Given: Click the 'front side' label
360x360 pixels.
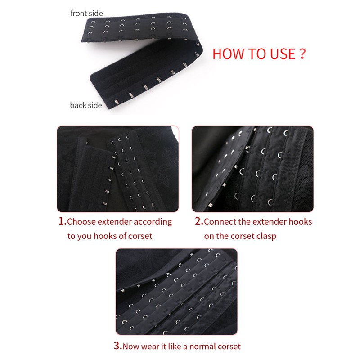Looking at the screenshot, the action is pos(86,13).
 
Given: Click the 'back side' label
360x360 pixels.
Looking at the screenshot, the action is pos(86,105).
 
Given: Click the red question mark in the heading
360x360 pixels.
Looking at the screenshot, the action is pos(303,54).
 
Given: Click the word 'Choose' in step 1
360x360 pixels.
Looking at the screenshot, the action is pos(81,222).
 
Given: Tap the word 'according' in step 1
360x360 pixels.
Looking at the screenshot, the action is pos(153,222).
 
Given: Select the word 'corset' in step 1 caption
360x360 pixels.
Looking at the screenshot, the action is pos(140,236).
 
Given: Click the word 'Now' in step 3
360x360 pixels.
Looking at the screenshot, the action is pos(131,346).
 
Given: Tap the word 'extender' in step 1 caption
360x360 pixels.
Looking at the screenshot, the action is pos(114,222).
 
